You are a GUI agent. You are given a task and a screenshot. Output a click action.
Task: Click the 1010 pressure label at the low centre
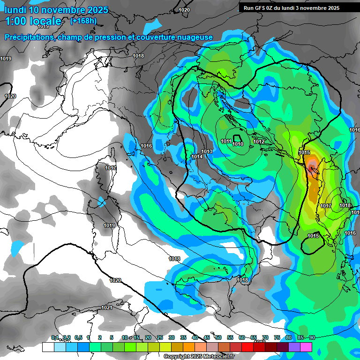pyautogui.click(x=238, y=144)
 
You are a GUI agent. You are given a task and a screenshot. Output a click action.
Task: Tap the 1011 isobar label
pyautogui.click(x=226, y=141)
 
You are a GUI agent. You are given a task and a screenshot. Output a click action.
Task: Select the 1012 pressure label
pyautogui.click(x=259, y=142)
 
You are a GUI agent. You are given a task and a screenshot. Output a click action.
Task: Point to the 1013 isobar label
pyautogui.click(x=207, y=151)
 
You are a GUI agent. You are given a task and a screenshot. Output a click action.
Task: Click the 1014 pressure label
pyautogui.click(x=197, y=157)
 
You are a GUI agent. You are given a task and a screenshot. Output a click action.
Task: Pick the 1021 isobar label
pyautogui.click(x=106, y=307)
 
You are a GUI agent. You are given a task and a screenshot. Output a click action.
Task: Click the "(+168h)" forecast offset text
pyautogui.click(x=83, y=21)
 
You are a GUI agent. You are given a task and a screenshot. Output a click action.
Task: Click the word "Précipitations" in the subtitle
pyautogui.click(x=28, y=37)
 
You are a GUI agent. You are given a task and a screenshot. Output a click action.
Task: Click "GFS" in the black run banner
pyautogui.click(x=261, y=8)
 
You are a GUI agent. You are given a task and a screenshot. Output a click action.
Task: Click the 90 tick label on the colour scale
pyautogui.click(x=312, y=338)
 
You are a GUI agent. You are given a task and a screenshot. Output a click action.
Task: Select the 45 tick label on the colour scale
pyautogui.click(x=207, y=338)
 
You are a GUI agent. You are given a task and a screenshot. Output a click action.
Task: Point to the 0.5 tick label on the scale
pyautogui.click(x=78, y=338)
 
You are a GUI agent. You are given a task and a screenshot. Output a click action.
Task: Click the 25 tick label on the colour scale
pyautogui.click(x=160, y=338)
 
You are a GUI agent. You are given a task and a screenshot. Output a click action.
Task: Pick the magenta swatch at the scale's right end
pyautogui.click(x=306, y=347)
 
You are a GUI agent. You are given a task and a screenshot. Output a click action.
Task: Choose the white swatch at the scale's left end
pyautogui.click(x=48, y=347)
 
